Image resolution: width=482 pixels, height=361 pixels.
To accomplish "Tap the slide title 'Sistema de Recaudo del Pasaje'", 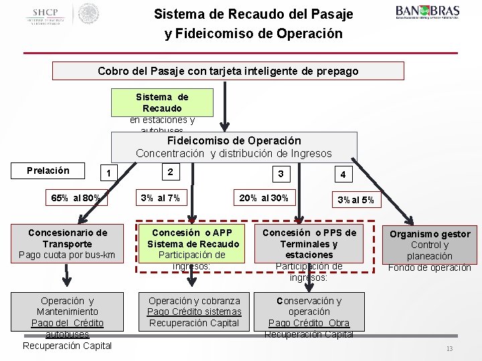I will click(x=253, y=14).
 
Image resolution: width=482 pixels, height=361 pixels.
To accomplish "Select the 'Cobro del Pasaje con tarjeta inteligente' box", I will click(x=228, y=71).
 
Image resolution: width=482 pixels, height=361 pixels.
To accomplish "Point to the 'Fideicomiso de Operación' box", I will click(x=234, y=147).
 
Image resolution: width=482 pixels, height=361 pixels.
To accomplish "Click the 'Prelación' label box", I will click(x=48, y=170).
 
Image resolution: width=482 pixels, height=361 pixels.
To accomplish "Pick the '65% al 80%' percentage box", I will click(x=76, y=198).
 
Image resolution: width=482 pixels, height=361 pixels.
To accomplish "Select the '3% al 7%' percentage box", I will click(x=160, y=198).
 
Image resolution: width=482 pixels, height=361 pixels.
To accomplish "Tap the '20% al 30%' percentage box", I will click(x=264, y=198).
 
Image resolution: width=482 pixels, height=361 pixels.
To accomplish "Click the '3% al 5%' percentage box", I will click(x=355, y=199).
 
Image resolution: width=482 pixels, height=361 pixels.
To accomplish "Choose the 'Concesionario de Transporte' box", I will click(x=67, y=243).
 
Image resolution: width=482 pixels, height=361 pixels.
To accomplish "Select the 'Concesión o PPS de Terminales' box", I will click(x=309, y=249).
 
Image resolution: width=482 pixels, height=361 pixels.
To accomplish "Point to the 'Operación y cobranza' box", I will click(x=194, y=312).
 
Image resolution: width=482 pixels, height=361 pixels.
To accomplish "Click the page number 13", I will click(x=450, y=350).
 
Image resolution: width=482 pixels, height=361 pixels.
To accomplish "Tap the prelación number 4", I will click(x=342, y=174).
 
